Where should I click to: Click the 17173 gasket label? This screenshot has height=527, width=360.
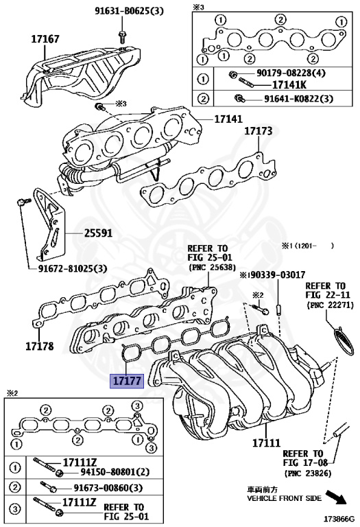click(x=259, y=130)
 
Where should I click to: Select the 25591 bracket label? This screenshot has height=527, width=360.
click(x=98, y=233)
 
